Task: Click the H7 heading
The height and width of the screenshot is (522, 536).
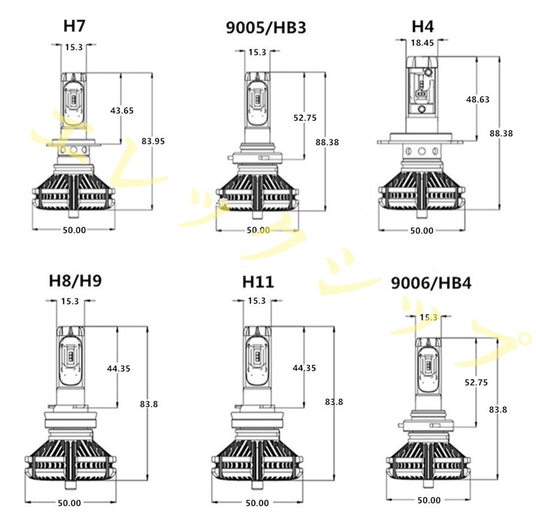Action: coord(74,26)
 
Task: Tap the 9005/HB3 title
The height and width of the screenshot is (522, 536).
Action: coord(266,28)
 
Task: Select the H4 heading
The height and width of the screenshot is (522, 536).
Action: coord(423,26)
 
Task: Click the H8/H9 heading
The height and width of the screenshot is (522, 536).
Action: coord(75,281)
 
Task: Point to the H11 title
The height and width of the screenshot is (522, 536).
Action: coord(258,282)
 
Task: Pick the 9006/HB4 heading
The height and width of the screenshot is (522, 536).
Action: coord(431,284)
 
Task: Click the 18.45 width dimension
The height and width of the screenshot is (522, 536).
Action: coord(422,43)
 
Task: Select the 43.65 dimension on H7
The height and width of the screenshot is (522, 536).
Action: coord(122,111)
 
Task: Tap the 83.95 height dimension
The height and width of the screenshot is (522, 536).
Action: coord(153,141)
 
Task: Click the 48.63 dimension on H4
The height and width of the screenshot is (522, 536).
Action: coord(478,100)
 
